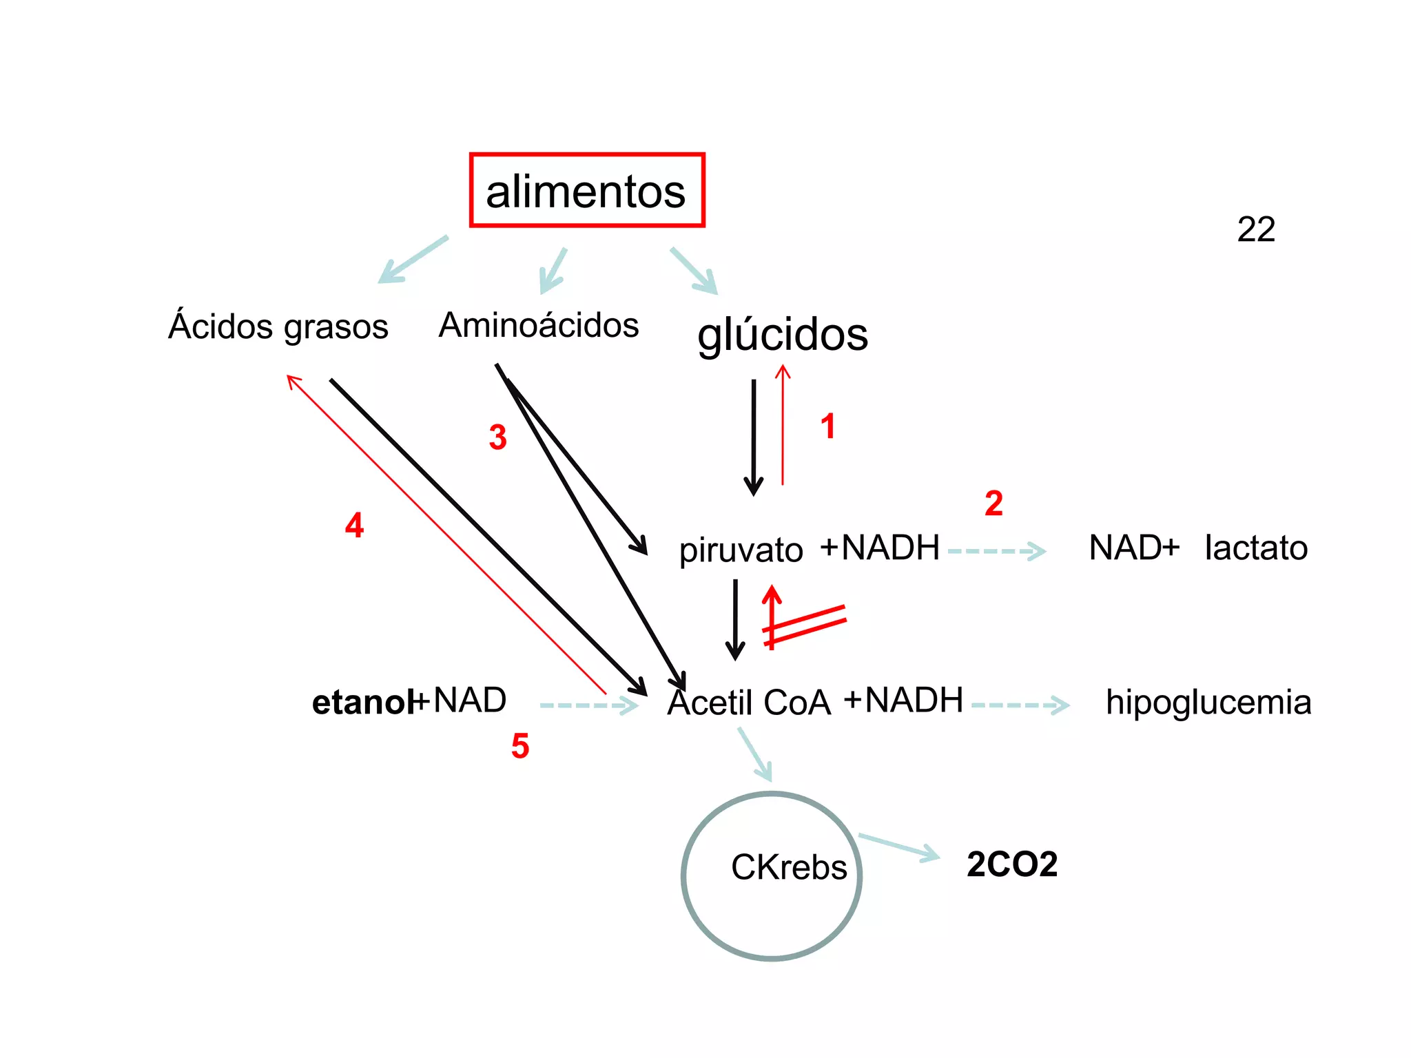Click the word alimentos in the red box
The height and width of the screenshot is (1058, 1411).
coord(586,191)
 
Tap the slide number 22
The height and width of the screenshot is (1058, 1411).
coord(1255,229)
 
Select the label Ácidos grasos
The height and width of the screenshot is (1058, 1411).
coord(278,326)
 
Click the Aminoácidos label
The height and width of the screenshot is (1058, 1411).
coord(539,325)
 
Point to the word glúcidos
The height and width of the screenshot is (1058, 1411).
coord(783,335)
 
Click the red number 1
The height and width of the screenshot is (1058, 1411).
coord(827,426)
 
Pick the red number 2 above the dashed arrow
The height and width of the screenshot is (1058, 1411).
coord(993,504)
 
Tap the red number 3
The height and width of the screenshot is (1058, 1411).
coord(497,437)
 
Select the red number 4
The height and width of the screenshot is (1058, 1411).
coord(354,526)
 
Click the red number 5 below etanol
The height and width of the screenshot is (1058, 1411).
coord(520,746)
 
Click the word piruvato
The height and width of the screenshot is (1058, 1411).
coord(741,550)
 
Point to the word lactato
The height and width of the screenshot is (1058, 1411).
coord(1255,548)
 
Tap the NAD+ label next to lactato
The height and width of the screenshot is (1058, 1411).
coord(1134,548)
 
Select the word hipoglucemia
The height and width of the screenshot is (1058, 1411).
coord(1208,703)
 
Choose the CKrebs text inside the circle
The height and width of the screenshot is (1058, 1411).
coord(788,867)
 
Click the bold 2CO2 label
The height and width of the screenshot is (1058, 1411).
coord(1011,864)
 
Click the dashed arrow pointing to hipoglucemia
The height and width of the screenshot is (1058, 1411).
coord(1020,705)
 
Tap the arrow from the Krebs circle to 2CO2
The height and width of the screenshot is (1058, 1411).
coord(898,847)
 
